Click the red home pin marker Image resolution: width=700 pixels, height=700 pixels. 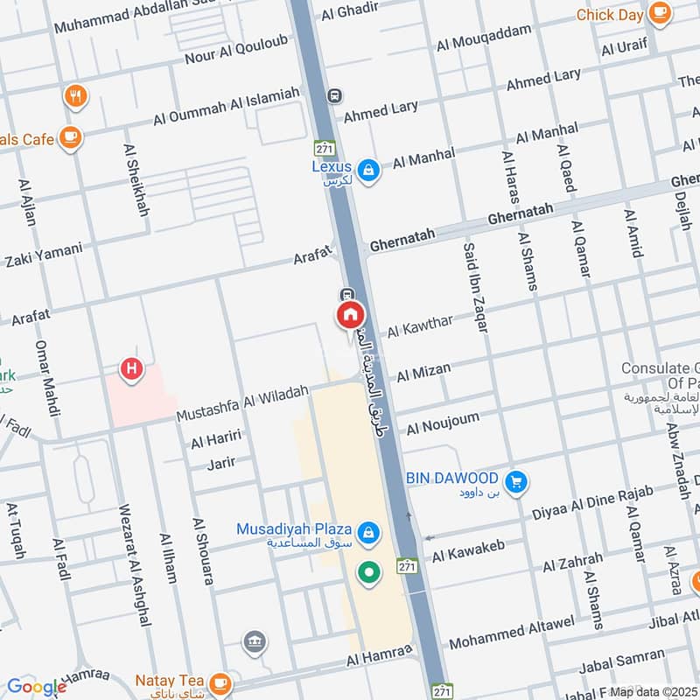click(350, 315)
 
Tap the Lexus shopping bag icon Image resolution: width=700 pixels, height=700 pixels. click(369, 170)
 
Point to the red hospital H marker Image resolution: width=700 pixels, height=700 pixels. click(131, 369)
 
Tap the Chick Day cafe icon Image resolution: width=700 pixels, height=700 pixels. click(659, 14)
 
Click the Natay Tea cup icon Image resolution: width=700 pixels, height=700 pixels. click(220, 681)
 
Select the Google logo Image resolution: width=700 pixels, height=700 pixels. click(36, 687)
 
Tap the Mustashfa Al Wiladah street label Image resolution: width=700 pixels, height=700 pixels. click(242, 402)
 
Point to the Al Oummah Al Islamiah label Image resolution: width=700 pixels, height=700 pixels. click(227, 106)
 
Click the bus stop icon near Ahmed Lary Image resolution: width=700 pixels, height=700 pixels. click(333, 94)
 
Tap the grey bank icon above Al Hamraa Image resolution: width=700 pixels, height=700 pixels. click(255, 642)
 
